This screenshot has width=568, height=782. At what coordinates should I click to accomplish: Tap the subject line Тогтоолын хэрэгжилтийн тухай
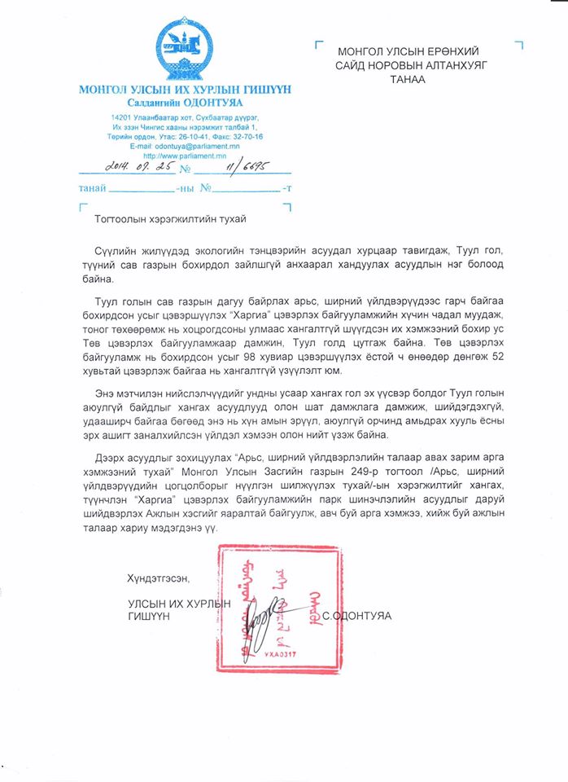(x=170, y=219)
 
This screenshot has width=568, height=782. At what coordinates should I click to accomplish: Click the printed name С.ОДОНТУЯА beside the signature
(x=356, y=616)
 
